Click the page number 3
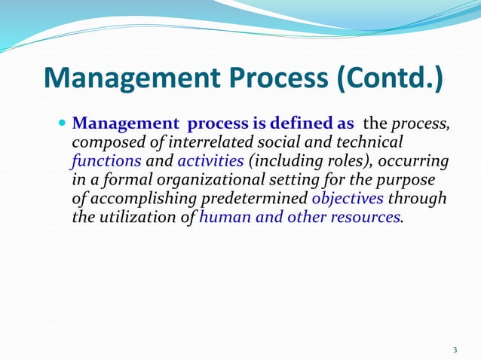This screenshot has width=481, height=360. pos(455,349)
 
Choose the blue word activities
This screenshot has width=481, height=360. pos(210,160)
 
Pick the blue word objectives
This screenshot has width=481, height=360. pos(347,198)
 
